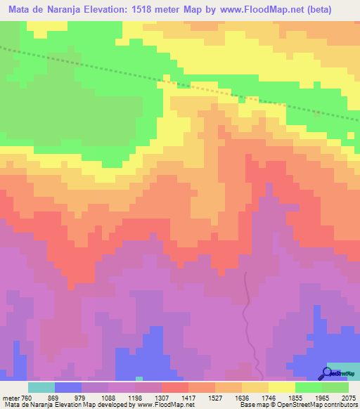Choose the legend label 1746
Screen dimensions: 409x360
point(279,398)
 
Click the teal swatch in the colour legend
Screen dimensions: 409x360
point(41,387)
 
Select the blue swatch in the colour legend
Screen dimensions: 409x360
point(68,387)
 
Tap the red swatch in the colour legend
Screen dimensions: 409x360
point(175,387)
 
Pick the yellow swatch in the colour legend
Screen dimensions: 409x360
point(282,387)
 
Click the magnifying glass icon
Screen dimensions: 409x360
point(327,373)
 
